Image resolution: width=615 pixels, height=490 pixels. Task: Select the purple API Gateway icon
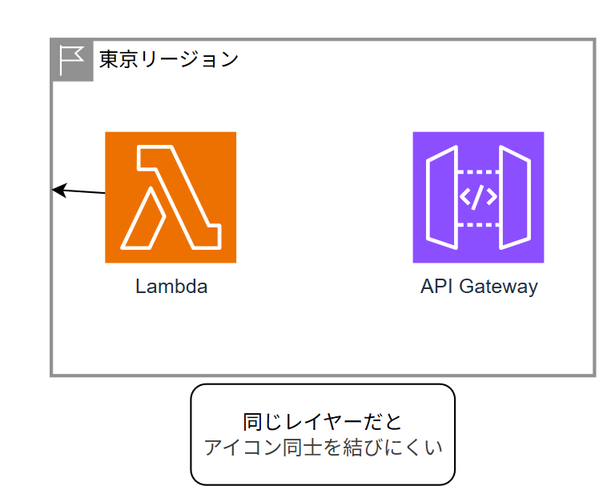pyautogui.click(x=478, y=197)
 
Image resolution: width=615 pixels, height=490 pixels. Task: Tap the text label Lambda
pyautogui.click(x=171, y=287)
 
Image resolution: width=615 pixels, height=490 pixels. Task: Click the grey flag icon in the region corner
pyautogui.click(x=72, y=59)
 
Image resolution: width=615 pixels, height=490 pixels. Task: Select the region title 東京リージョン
pyautogui.click(x=168, y=58)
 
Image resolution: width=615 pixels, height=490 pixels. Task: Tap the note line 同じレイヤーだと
pyautogui.click(x=322, y=421)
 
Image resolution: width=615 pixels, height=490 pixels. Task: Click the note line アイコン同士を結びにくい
pyautogui.click(x=323, y=447)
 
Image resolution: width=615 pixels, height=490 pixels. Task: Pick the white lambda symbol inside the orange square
pyautogui.click(x=171, y=197)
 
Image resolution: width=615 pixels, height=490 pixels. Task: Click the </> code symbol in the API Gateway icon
pyautogui.click(x=478, y=197)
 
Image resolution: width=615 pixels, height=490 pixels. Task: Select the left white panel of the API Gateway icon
pyautogui.click(x=442, y=197)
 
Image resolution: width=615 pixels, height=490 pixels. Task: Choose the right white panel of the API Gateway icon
pyautogui.click(x=514, y=197)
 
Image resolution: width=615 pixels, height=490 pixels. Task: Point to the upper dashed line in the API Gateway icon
pyautogui.click(x=478, y=171)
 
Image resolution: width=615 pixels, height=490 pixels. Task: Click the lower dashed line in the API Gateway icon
pyautogui.click(x=478, y=223)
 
